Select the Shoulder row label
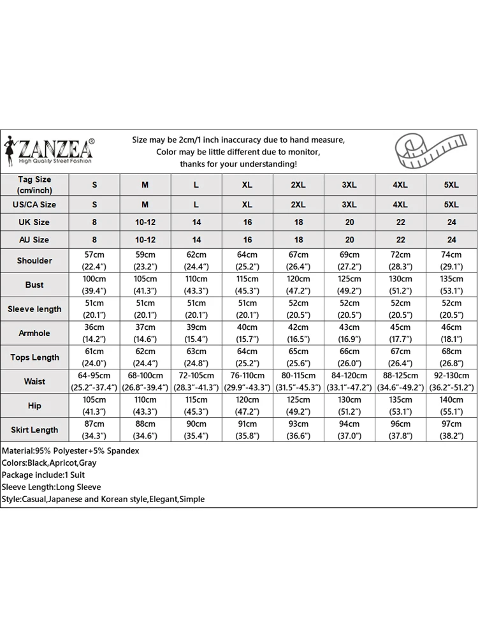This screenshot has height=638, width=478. (34, 260)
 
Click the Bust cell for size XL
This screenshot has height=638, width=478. (247, 285)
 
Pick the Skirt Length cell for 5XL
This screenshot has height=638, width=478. (451, 429)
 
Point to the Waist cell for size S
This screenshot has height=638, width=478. (94, 382)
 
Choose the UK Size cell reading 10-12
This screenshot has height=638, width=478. (145, 222)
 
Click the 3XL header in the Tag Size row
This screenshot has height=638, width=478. (349, 185)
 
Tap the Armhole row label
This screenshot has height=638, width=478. (34, 333)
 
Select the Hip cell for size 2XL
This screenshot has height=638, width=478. (298, 406)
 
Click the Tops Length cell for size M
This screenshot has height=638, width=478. (145, 357)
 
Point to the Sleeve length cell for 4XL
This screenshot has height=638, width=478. (400, 309)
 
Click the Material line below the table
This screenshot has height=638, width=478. (70, 450)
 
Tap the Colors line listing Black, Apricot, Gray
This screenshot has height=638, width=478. (49, 463)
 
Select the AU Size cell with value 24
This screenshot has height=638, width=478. (451, 240)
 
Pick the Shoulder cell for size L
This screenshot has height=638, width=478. (196, 260)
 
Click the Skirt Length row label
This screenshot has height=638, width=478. (34, 429)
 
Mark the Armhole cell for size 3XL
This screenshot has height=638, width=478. (349, 333)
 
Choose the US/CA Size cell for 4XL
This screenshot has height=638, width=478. (400, 204)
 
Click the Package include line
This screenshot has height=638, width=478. (43, 475)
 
